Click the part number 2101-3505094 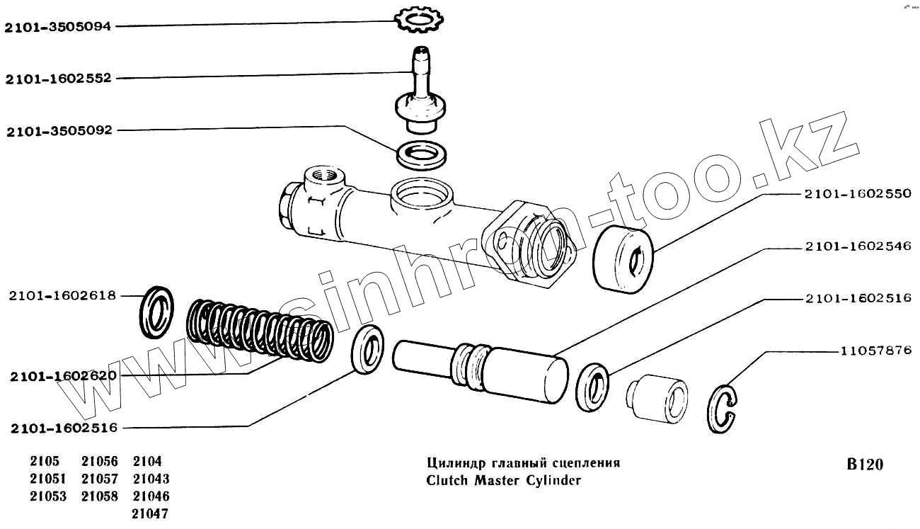pyautogui.click(x=59, y=28)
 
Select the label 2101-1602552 pyautogui.click(x=59, y=79)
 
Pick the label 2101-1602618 pyautogui.click(x=63, y=295)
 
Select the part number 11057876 pyautogui.click(x=875, y=351)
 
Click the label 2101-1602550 pyautogui.click(x=857, y=194)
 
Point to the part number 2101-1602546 pyautogui.click(x=857, y=246)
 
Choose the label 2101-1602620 pyautogui.click(x=63, y=376)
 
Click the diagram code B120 pyautogui.click(x=865, y=465)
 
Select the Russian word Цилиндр pyautogui.click(x=454, y=463)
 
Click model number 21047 pyautogui.click(x=151, y=513)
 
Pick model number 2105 pyautogui.click(x=45, y=462)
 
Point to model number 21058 pyautogui.click(x=100, y=496)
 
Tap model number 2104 pyautogui.click(x=147, y=462)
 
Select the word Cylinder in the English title pyautogui.click(x=552, y=480)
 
